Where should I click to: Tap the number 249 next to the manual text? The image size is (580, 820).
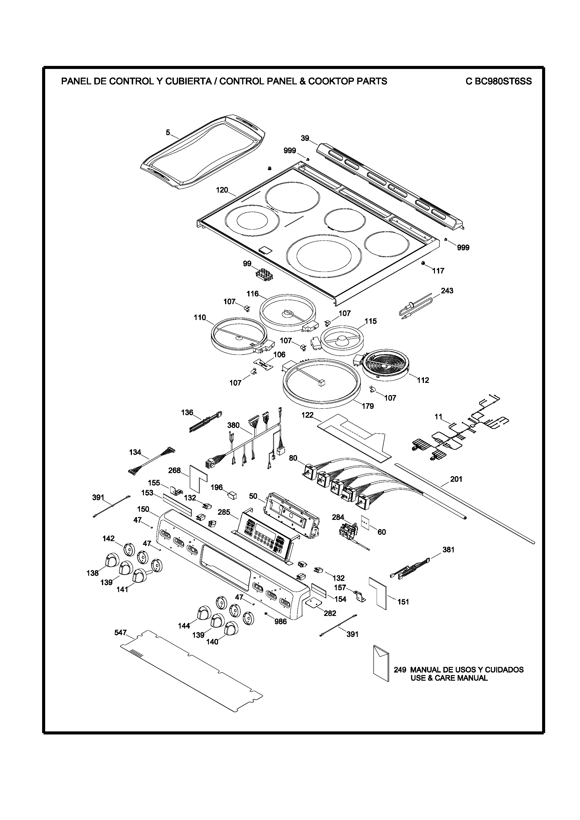click(x=400, y=670)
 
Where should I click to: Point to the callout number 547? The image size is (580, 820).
click(x=120, y=633)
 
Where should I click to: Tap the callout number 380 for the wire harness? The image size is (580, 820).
click(x=233, y=425)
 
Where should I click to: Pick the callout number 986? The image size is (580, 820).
click(x=281, y=622)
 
